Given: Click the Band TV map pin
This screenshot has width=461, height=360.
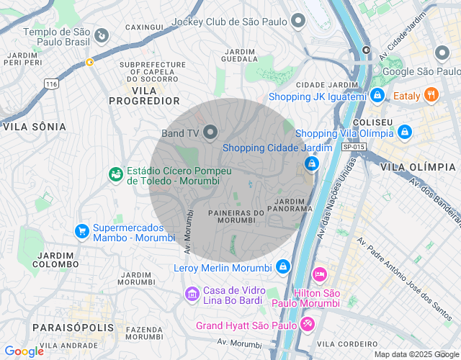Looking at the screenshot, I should click(210, 132).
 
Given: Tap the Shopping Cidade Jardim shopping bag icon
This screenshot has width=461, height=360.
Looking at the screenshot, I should click(311, 164).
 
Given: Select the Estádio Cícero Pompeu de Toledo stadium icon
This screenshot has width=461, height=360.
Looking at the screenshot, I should click(115, 174).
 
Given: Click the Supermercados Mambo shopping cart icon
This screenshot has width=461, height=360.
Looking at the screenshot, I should click(82, 231).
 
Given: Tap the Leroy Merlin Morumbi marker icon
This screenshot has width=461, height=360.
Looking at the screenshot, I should click(283, 267).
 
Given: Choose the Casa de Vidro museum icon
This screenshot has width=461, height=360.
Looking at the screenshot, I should click(192, 294).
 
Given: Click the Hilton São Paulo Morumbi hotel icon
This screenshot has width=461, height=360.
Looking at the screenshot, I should click(320, 275).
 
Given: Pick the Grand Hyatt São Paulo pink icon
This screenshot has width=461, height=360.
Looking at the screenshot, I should click(308, 325).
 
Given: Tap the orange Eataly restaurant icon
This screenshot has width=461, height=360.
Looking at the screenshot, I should click(431, 95).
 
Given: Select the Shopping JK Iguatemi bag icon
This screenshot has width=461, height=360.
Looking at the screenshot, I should click(377, 95).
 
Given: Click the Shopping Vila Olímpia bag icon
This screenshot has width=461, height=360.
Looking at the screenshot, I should click(405, 132).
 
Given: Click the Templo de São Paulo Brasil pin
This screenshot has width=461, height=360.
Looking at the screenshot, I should click(102, 35).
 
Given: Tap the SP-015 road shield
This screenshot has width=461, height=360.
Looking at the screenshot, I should click(354, 147).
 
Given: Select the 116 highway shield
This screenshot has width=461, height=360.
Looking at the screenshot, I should click(50, 84).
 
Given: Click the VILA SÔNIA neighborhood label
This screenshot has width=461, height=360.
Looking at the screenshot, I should click(35, 127).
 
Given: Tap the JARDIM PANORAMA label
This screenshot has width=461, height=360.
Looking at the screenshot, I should click(294, 204).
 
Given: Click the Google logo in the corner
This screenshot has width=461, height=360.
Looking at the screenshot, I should click(24, 351).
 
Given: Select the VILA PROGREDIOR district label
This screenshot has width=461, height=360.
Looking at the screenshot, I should click(144, 95).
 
